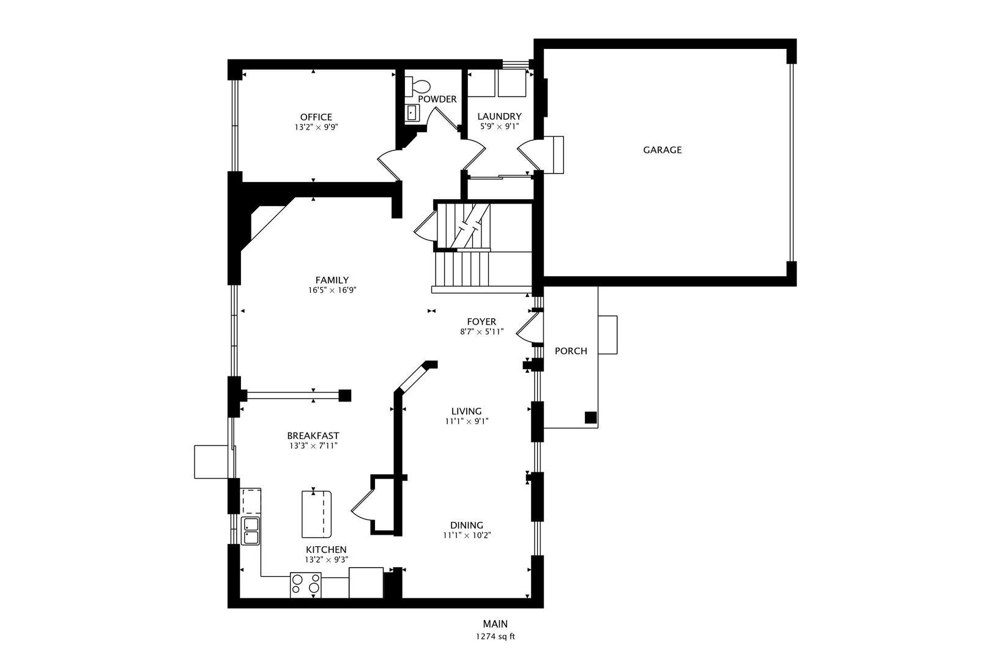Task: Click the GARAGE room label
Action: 662,150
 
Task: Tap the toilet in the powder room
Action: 418,86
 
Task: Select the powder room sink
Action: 412,112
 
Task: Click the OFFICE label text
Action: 316,117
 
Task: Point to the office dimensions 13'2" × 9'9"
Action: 316,127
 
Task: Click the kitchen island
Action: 316,514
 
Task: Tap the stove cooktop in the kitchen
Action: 306,585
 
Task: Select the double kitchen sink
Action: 250,531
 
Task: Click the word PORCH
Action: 571,351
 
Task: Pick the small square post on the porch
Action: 590,417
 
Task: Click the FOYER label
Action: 481,322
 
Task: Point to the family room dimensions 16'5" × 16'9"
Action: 332,290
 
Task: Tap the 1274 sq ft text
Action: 495,637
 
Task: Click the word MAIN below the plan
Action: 495,624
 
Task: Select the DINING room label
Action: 466,525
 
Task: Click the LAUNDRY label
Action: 499,116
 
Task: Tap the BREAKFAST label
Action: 313,436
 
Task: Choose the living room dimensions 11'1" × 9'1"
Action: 466,421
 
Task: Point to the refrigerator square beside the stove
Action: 366,582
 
